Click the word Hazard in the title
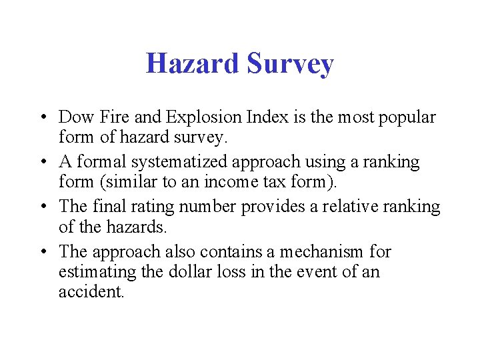pyautogui.click(x=191, y=64)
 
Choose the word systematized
pyautogui.click(x=204, y=163)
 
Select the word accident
pyautogui.click(x=91, y=292)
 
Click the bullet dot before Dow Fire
pyautogui.click(x=41, y=118)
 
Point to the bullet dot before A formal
pyautogui.click(x=41, y=163)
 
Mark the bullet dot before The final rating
pyautogui.click(x=41, y=207)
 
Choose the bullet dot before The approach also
pyautogui.click(x=41, y=253)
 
